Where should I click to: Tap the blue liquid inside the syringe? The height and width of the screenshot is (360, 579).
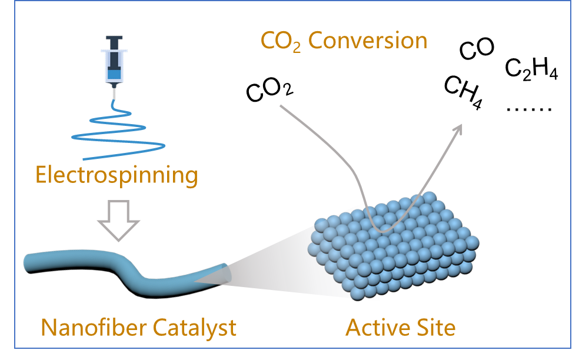point(115,74)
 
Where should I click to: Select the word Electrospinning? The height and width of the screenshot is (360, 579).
point(116,175)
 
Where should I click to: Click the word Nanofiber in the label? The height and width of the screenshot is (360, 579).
point(87,327)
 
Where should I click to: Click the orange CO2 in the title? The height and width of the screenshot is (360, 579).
point(281,42)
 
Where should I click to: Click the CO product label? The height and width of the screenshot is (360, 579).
point(476,50)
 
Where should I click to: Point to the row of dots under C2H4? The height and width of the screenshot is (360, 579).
point(528,109)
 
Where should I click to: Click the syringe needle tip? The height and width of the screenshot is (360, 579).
point(115,97)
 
